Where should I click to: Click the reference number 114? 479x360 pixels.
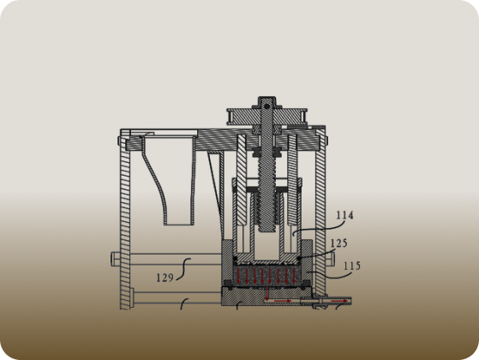pos(344,215)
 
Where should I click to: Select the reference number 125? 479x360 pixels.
pos(339,243)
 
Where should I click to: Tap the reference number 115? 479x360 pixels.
pos(352,266)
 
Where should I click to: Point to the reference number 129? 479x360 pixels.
pos(165,278)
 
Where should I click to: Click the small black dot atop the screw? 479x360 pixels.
pos(266,106)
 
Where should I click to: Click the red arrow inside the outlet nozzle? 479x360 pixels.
pos(339,301)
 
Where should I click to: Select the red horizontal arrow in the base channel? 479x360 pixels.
pos(283,301)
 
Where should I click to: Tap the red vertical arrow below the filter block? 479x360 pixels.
pos(267,293)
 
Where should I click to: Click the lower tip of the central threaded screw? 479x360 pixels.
pos(266,231)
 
